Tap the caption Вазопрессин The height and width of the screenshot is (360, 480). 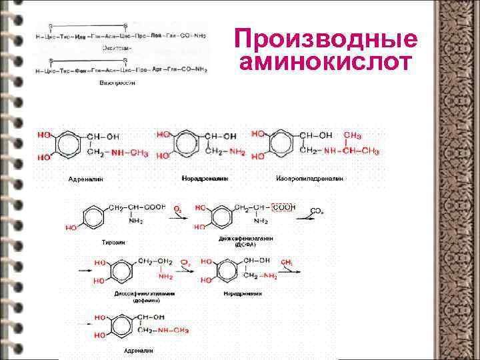pos(117,83)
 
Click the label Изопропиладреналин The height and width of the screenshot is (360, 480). pos(309,179)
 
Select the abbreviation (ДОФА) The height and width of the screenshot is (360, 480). pos(245,245)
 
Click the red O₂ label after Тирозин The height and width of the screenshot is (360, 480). pos(177,209)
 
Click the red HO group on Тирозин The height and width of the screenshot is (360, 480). pos(71,228)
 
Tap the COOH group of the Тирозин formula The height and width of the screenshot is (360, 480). pos(153,207)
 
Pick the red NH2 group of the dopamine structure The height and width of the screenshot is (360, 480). pos(165,275)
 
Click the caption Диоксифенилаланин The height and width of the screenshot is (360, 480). pos(245,238)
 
